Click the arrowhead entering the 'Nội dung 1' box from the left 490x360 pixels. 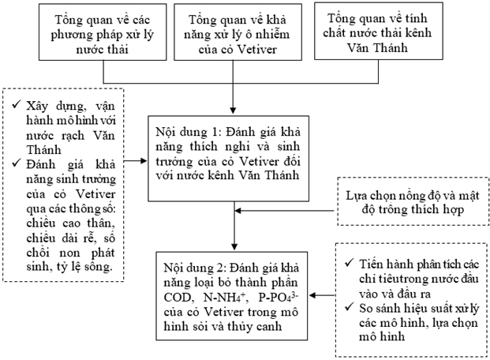pos(144,159)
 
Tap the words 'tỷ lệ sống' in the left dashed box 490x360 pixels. pos(92,268)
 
